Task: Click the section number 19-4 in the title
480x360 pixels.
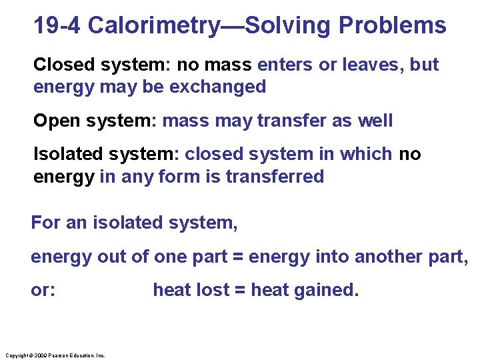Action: pyautogui.click(x=58, y=26)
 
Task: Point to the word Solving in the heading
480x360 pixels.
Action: pyautogui.click(x=290, y=26)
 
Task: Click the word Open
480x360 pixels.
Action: pyautogui.click(x=55, y=121)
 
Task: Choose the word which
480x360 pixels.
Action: pyautogui.click(x=365, y=154)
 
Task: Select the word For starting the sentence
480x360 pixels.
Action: pyautogui.click(x=45, y=223)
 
